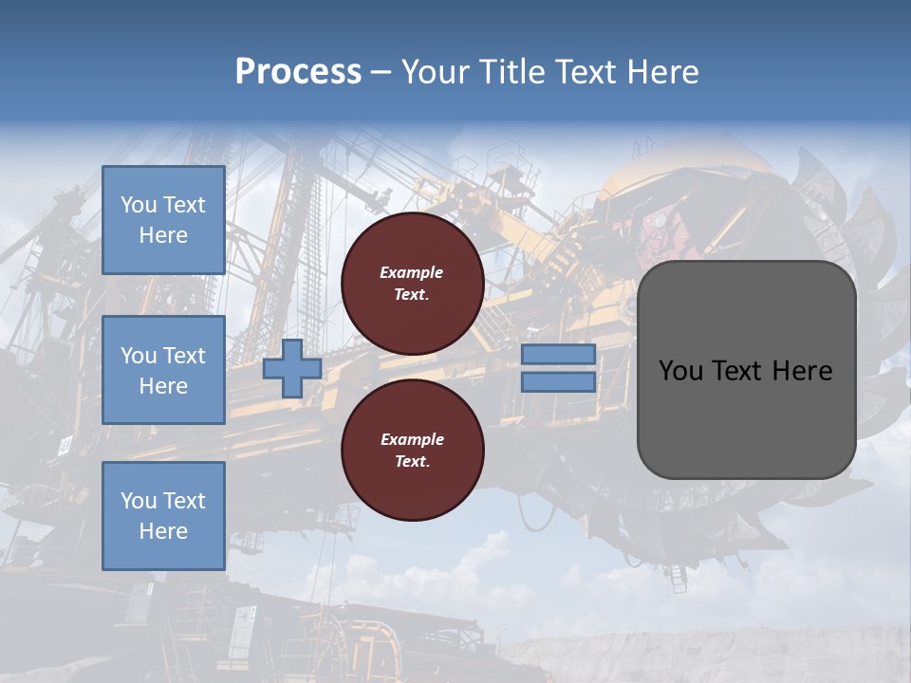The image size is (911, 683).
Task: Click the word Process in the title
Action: click(298, 72)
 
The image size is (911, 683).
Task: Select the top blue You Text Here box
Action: click(163, 220)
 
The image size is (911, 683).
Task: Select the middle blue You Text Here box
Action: click(163, 370)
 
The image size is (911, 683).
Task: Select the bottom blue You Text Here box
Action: click(163, 516)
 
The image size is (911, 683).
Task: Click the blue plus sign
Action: click(292, 368)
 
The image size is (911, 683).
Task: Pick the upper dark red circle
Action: click(412, 283)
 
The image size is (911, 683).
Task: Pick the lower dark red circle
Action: click(412, 450)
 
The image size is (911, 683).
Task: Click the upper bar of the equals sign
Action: click(559, 354)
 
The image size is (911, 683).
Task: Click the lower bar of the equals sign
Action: click(559, 382)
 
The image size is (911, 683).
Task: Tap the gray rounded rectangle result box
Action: click(746, 417)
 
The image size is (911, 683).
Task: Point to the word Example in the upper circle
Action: click(411, 272)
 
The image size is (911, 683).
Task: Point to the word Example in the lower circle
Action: click(411, 439)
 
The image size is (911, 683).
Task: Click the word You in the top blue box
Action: click(138, 205)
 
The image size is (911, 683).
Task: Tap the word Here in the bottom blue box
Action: click(163, 531)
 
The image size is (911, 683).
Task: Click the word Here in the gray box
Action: click(803, 371)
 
